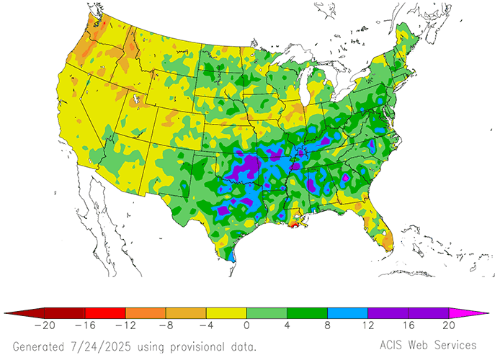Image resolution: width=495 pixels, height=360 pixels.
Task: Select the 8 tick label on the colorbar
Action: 328,326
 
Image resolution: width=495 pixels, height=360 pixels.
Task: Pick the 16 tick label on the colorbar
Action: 408,326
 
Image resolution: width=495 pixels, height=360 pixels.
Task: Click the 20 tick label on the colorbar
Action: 448,326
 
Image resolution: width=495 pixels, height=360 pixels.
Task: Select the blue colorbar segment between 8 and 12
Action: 347,313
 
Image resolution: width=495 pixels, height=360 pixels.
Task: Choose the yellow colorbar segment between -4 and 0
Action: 226,313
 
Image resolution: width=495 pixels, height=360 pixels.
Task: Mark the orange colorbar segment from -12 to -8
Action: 146,313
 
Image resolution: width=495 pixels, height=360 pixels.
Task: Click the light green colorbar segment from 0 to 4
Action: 267,313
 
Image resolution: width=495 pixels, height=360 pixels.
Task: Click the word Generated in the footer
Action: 40,346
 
